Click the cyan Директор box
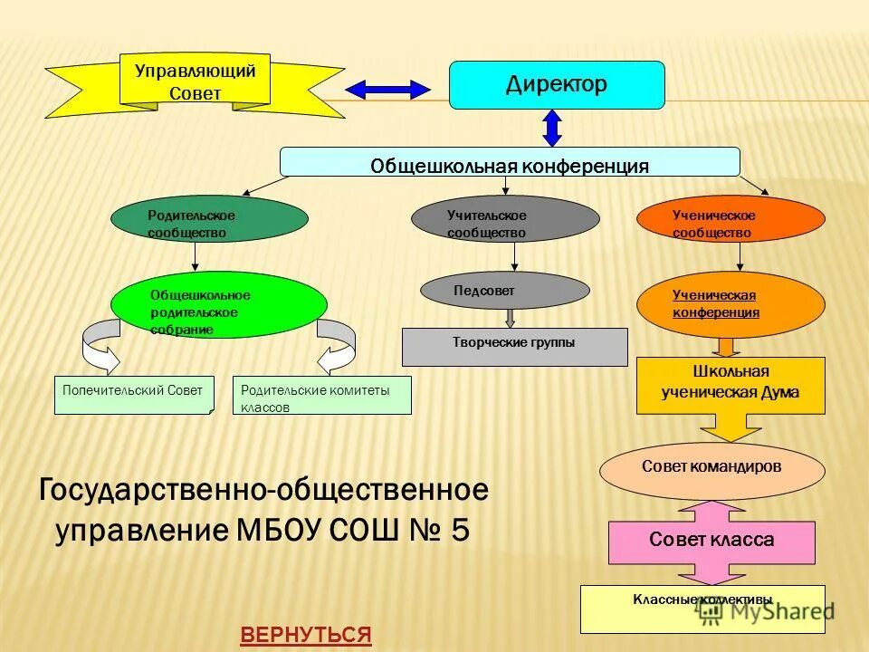(x=557, y=85)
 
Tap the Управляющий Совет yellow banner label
(x=196, y=81)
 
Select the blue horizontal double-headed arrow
(x=388, y=89)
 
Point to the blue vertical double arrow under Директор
(x=552, y=128)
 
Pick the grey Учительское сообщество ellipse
(x=505, y=219)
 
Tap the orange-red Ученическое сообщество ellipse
(x=731, y=219)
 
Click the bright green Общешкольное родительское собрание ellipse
(x=218, y=305)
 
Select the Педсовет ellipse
(x=504, y=290)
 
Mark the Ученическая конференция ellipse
(x=731, y=304)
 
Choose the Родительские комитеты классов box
(x=321, y=395)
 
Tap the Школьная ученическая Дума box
(x=731, y=385)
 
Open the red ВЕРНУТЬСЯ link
(x=306, y=635)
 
